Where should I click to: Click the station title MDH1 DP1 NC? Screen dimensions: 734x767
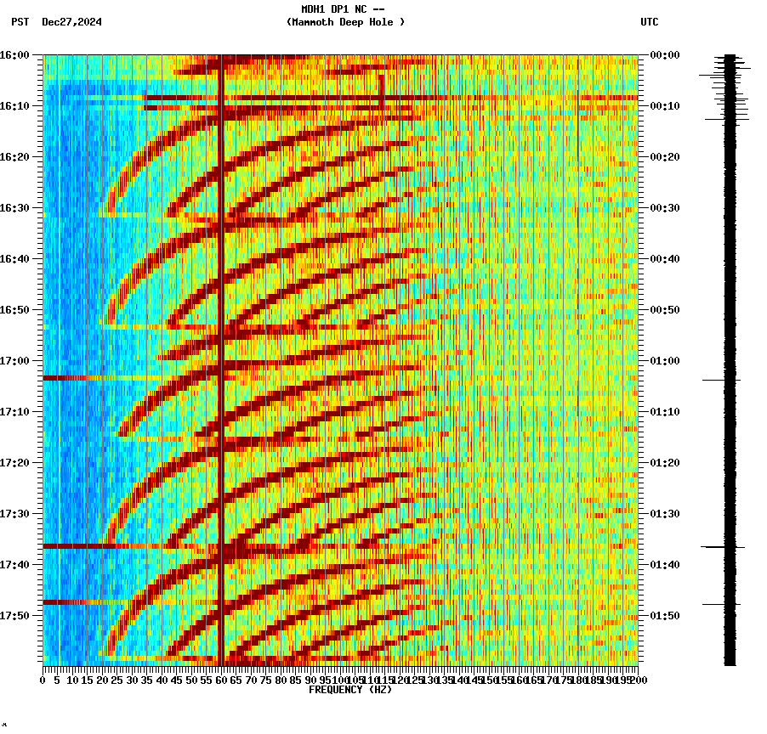(343, 9)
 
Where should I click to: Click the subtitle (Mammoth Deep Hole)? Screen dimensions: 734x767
(345, 22)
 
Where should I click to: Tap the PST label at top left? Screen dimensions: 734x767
(20, 22)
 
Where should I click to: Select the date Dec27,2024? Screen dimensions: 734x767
(71, 22)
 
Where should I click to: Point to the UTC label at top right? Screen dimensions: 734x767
(649, 22)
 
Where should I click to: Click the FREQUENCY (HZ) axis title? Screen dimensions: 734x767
(349, 690)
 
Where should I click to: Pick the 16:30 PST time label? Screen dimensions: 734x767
(15, 207)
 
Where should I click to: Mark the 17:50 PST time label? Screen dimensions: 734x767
(15, 615)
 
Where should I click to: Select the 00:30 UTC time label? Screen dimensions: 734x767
(663, 207)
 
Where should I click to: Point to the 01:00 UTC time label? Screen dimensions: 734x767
(663, 360)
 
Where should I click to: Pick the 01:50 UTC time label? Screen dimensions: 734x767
(663, 615)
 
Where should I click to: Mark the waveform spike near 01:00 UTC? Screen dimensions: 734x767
(722, 380)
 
